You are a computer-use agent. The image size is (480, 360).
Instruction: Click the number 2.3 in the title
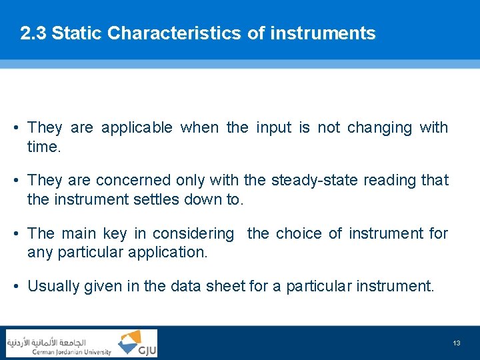33,33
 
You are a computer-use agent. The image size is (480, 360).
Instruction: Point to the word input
274,127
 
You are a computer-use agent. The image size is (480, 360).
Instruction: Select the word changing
379,127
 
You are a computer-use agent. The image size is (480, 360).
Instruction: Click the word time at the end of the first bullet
43,147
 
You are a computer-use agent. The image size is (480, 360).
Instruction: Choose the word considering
193,233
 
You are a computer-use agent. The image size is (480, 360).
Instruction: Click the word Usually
52,287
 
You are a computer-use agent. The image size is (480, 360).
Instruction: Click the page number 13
456,343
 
